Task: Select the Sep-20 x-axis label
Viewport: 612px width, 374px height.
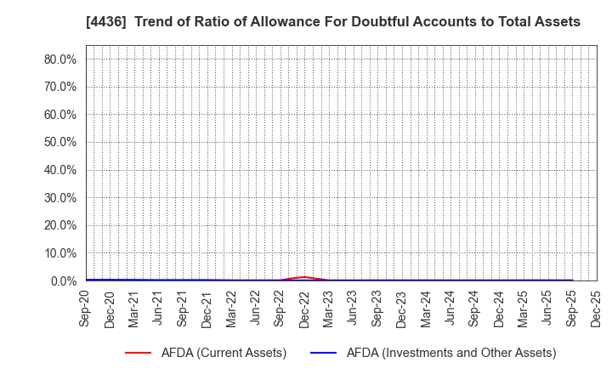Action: click(x=86, y=307)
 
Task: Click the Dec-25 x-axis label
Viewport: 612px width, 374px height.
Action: click(x=597, y=307)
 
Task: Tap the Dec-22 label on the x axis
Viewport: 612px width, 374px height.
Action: click(x=304, y=307)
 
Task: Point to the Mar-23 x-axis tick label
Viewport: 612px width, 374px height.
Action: click(x=329, y=307)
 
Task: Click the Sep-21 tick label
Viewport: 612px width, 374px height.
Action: click(x=183, y=307)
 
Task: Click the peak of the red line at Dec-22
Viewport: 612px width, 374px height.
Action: click(x=304, y=277)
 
